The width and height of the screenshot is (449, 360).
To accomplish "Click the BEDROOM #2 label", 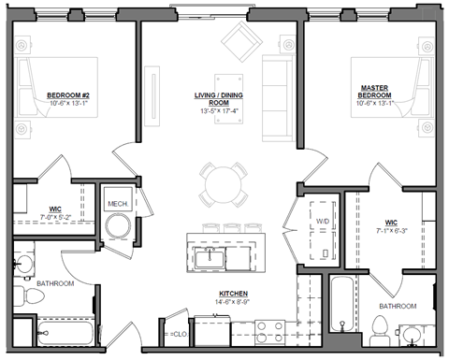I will pos(69,94).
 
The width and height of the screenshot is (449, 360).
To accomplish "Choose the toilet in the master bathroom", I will pos(379,326).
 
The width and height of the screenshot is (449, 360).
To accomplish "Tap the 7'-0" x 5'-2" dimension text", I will pos(56,216).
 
